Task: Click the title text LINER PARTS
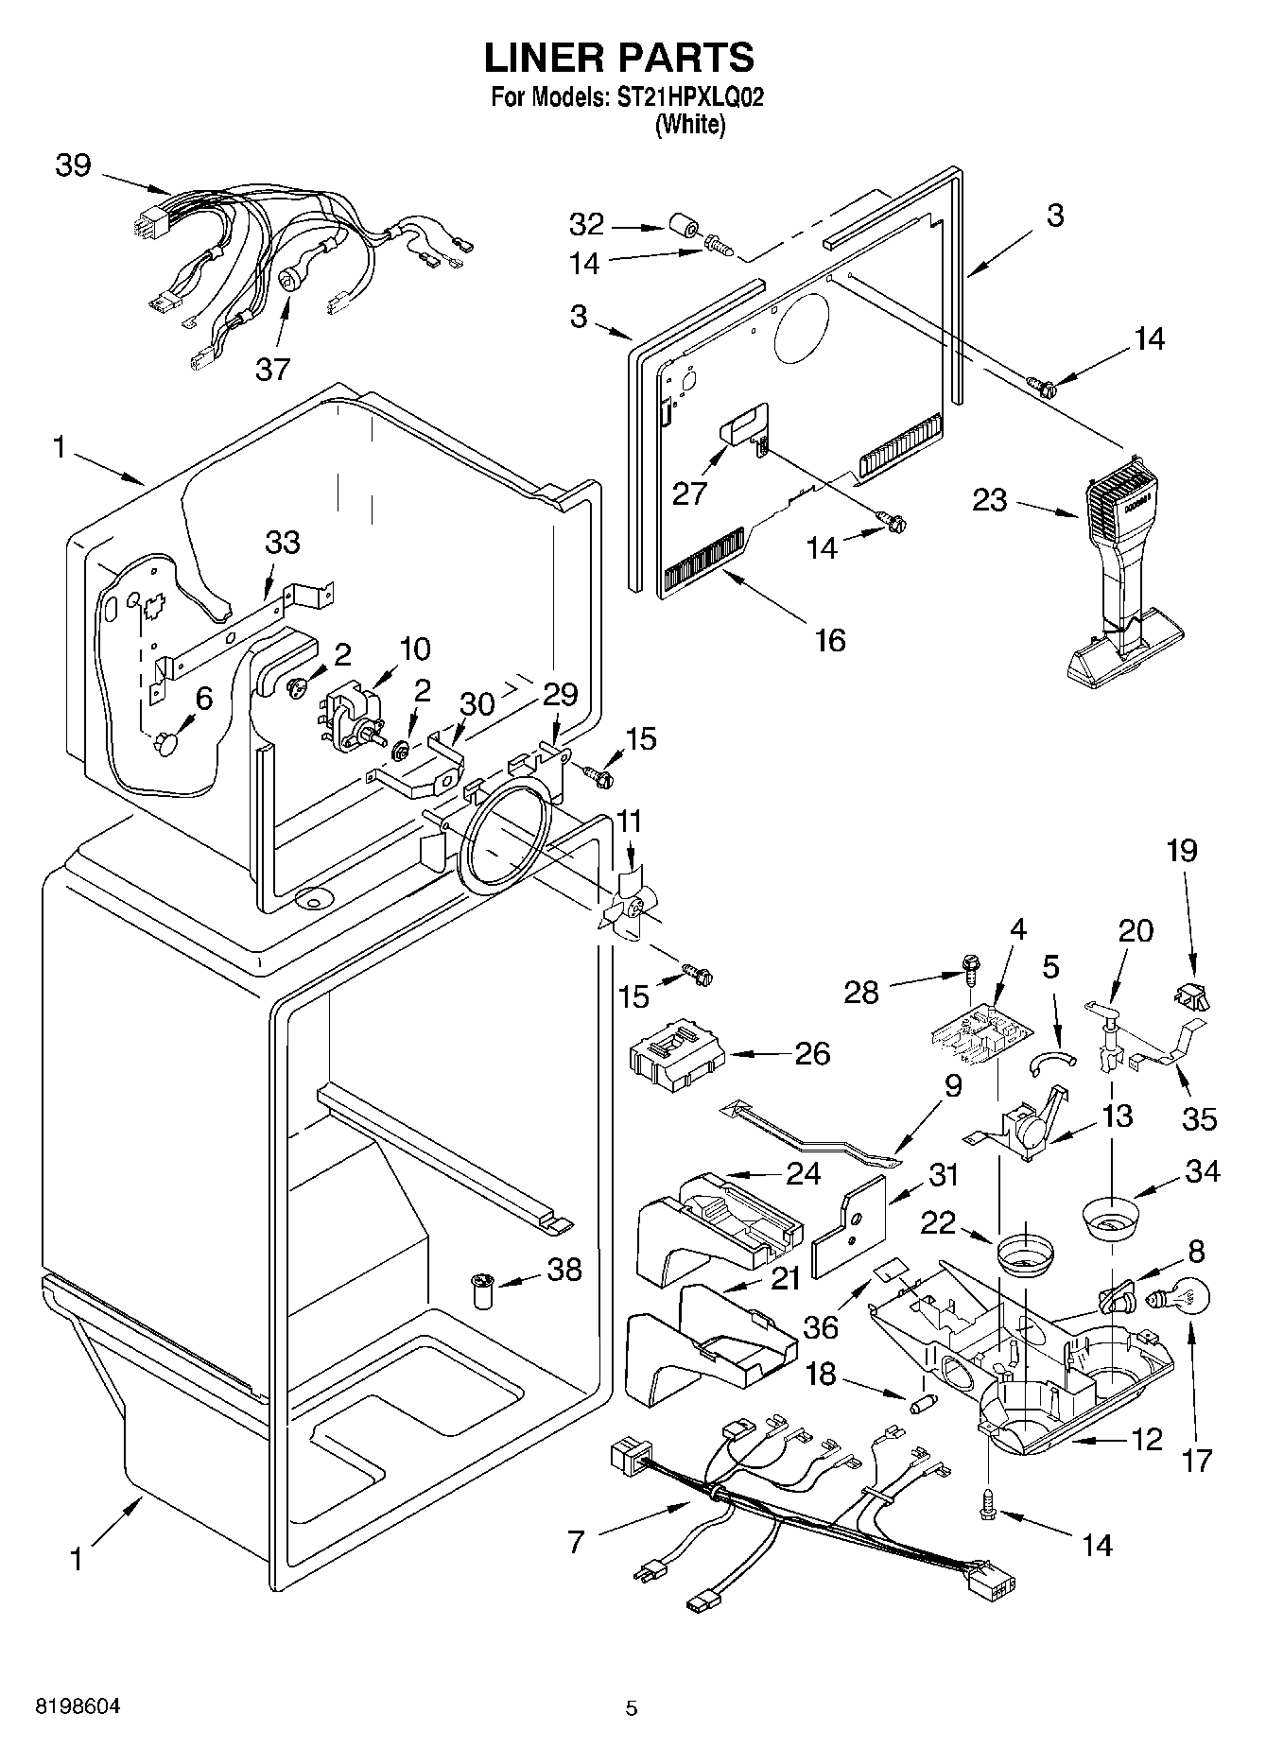coord(619,58)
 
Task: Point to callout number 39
coord(73,165)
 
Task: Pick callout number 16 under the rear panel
coord(829,640)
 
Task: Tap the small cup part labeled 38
coord(484,1290)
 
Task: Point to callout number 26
coord(812,1053)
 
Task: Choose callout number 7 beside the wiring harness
coord(576,1542)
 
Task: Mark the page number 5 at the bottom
coord(632,1707)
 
